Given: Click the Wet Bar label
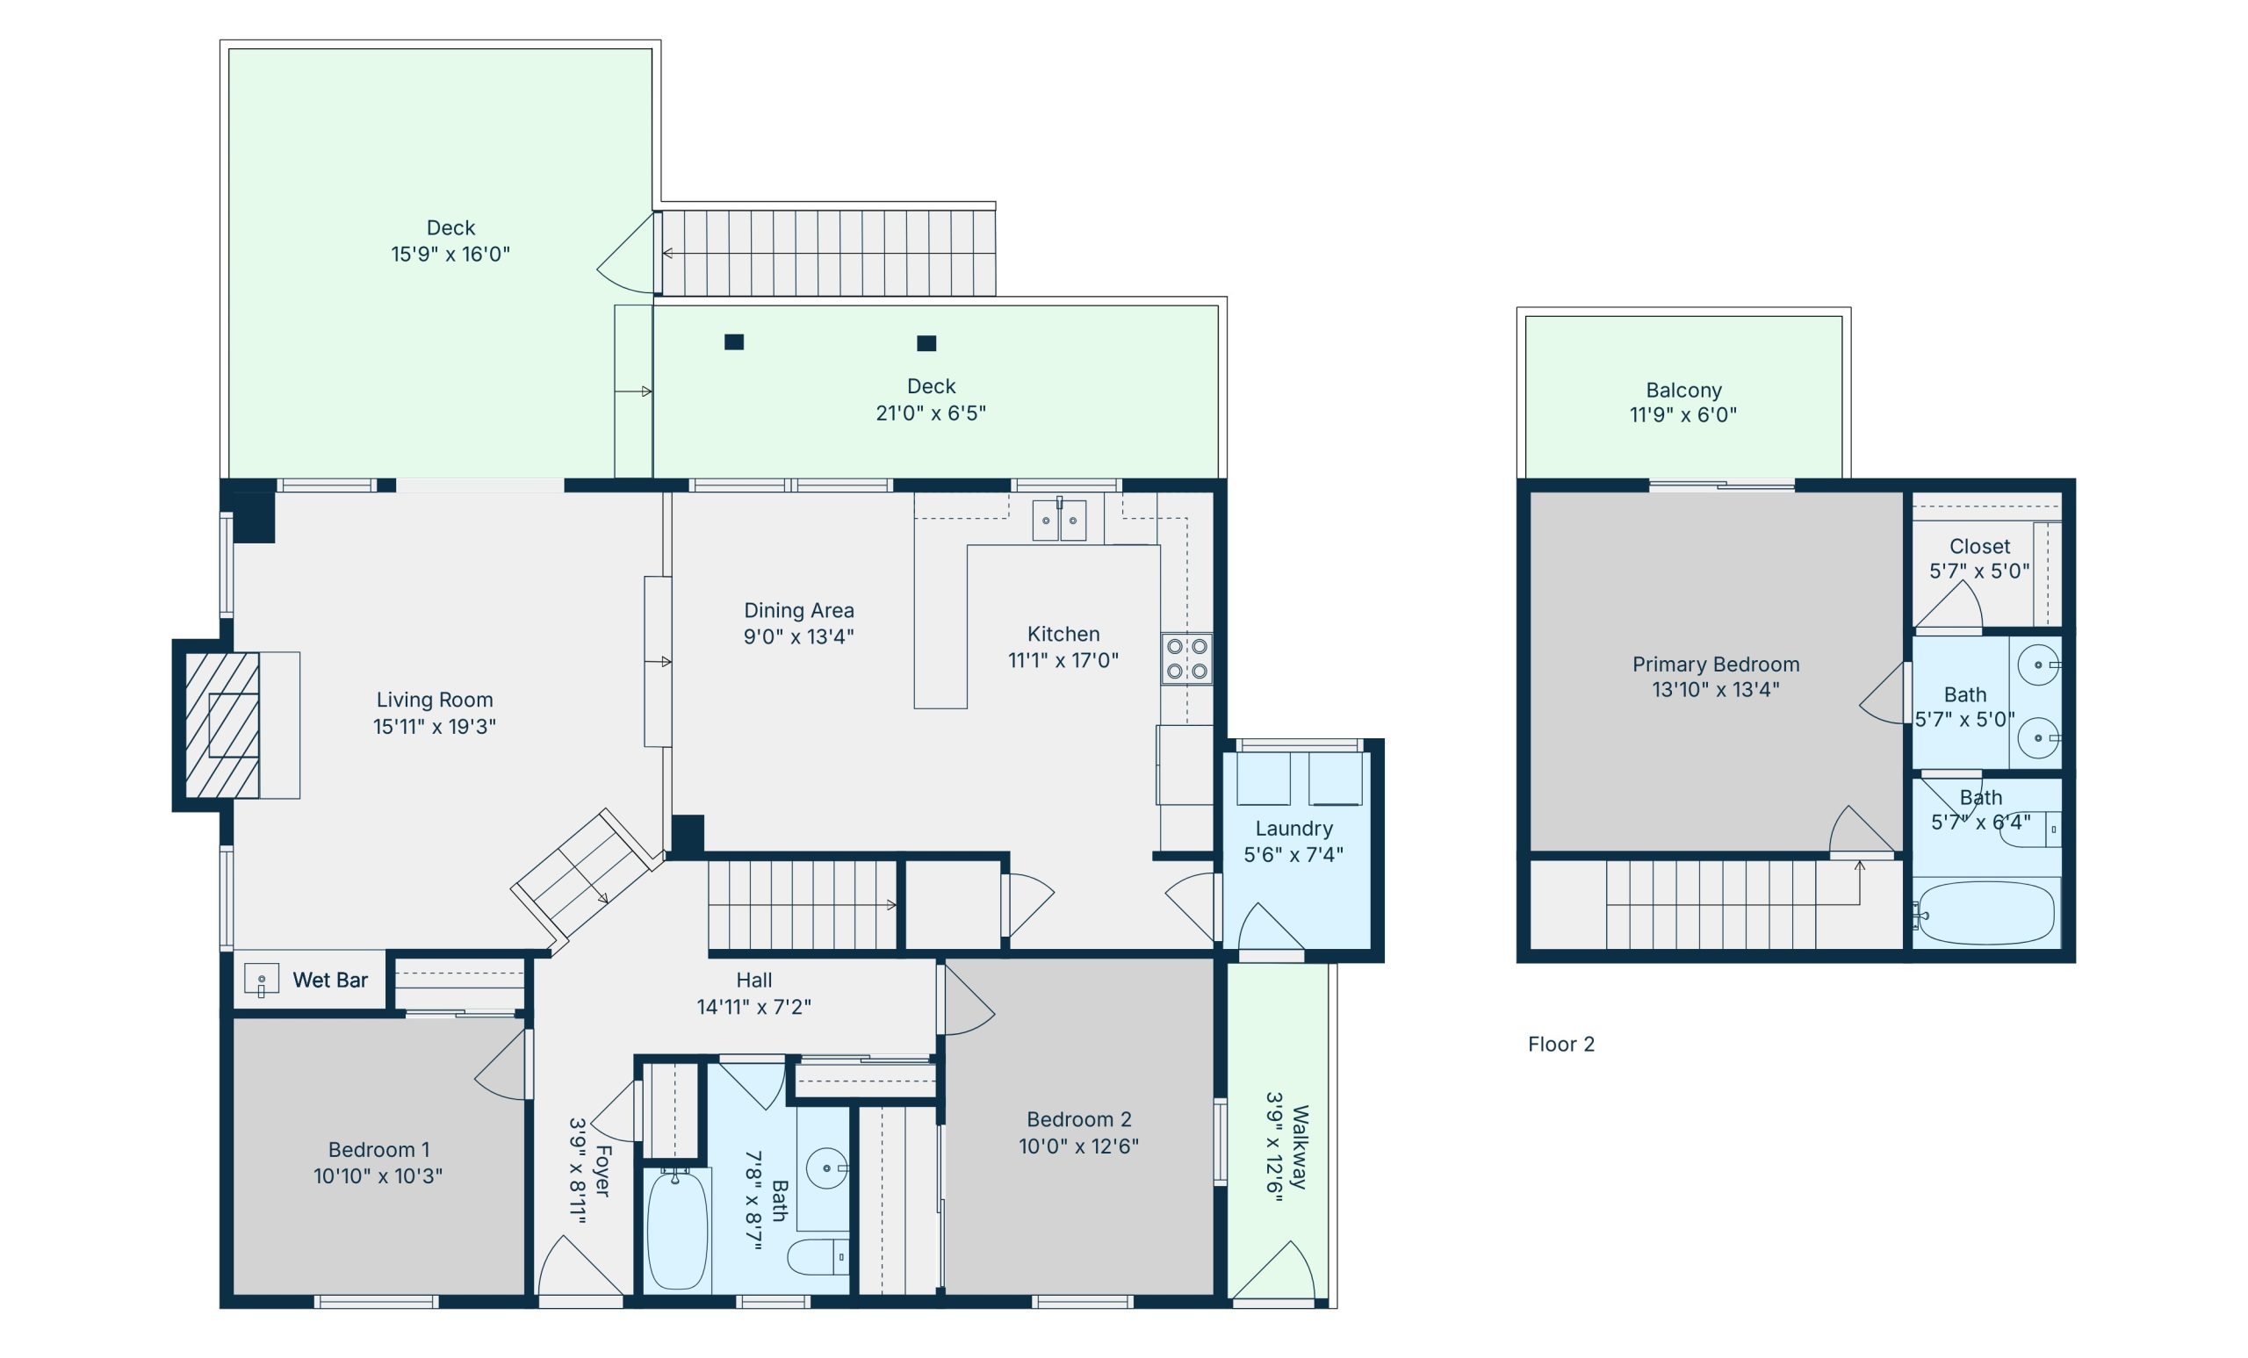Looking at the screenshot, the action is pyautogui.click(x=329, y=981).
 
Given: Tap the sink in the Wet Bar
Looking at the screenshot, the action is pyautogui.click(x=261, y=980).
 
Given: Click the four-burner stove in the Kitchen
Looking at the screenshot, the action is pyautogui.click(x=1187, y=659).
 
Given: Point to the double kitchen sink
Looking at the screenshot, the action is pyautogui.click(x=1059, y=520).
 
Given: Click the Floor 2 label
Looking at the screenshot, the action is pyautogui.click(x=1561, y=1045).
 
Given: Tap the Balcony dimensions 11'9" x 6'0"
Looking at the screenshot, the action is pyautogui.click(x=1683, y=415).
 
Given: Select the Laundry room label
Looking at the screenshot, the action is pyautogui.click(x=1293, y=828).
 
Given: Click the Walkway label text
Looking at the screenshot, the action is pyautogui.click(x=1301, y=1147).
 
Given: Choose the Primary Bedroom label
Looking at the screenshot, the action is pyautogui.click(x=1716, y=664).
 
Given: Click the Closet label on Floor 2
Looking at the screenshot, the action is pyautogui.click(x=1980, y=546).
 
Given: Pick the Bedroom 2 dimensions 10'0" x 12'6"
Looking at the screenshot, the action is pyautogui.click(x=1079, y=1146).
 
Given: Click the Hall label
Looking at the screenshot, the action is pyautogui.click(x=753, y=981).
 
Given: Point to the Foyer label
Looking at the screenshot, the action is pyautogui.click(x=603, y=1171).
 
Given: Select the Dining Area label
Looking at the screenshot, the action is pyautogui.click(x=799, y=610).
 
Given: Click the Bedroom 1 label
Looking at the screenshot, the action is pyautogui.click(x=378, y=1149).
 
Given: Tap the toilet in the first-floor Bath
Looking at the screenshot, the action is pyautogui.click(x=818, y=1258).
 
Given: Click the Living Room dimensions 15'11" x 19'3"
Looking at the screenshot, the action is pyautogui.click(x=435, y=727).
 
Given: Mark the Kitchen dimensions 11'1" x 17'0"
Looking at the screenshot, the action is pyautogui.click(x=1063, y=660).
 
